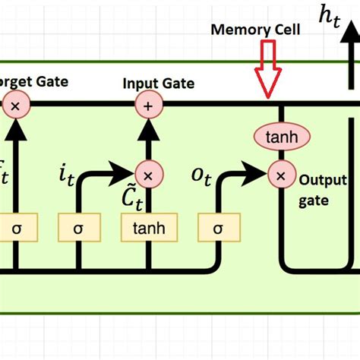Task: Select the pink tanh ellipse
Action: click(x=280, y=137)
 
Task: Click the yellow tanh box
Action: click(x=149, y=227)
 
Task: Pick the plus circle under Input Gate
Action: click(x=148, y=106)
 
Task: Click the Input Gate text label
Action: click(x=158, y=84)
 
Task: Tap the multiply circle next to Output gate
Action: click(x=280, y=175)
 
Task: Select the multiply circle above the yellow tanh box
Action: click(x=148, y=175)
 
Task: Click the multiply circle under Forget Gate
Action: click(x=14, y=106)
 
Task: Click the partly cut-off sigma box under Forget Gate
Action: click(x=13, y=227)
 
